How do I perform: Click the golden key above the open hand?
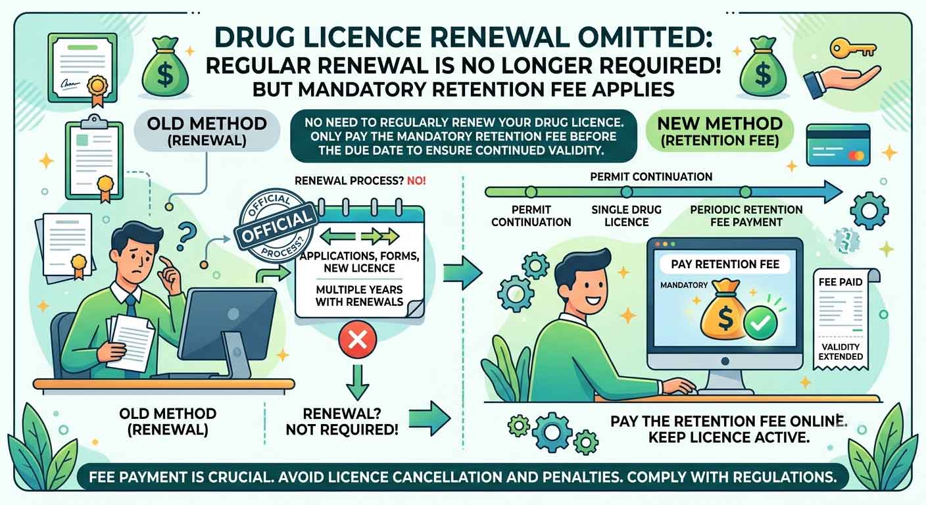(852, 49)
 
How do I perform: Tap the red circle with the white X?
(358, 340)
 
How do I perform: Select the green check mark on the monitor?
(760, 323)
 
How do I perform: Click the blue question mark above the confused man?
(185, 236)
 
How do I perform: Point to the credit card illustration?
(839, 145)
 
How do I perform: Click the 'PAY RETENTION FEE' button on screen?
(725, 264)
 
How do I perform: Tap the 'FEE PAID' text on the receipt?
(841, 282)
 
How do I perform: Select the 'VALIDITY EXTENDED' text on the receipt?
(841, 352)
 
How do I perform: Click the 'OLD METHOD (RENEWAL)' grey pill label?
(207, 132)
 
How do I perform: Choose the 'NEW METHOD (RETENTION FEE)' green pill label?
(719, 132)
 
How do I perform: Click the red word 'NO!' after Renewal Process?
(416, 181)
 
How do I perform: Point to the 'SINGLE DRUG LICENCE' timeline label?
(626, 216)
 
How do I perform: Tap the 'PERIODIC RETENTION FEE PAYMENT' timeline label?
(746, 216)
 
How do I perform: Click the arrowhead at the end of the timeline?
(833, 192)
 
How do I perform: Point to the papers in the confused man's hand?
(129, 341)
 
